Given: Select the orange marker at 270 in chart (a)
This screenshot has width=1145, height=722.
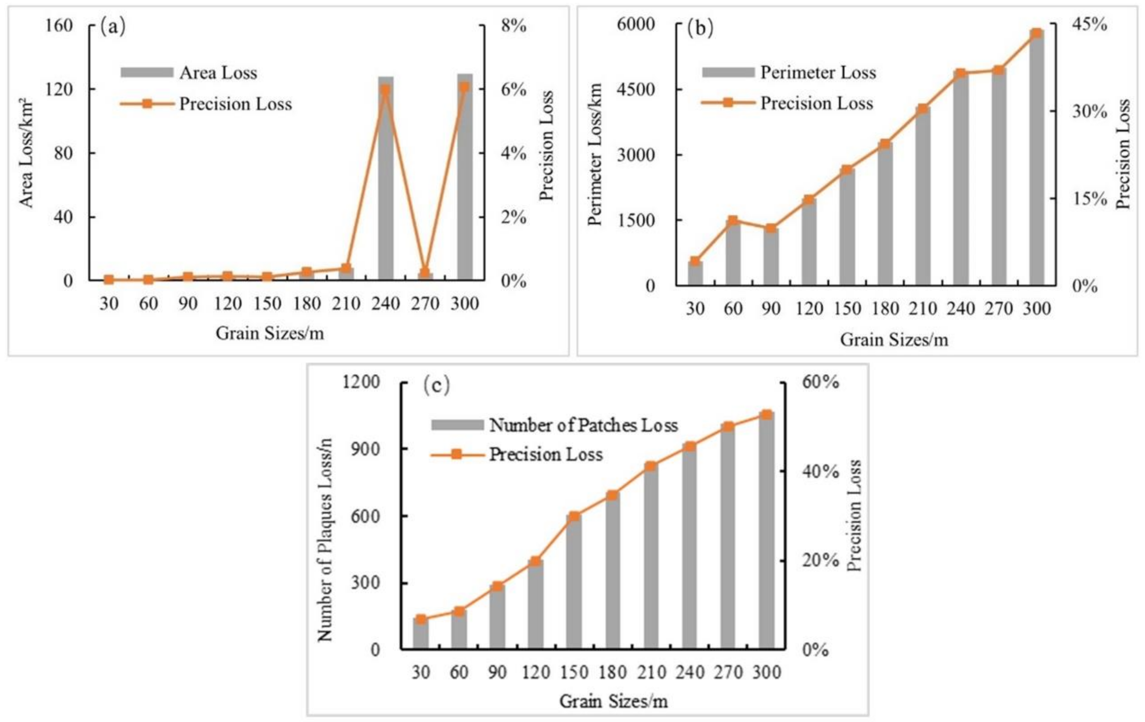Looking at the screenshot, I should pyautogui.click(x=425, y=273).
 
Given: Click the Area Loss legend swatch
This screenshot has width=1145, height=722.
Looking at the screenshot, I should pyautogui.click(x=146, y=72).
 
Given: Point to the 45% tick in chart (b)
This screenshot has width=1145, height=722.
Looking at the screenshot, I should pyautogui.click(x=1093, y=24).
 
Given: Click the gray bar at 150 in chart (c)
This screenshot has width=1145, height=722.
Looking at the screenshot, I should pyautogui.click(x=574, y=585).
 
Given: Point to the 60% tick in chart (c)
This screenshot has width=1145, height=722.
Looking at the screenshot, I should pyautogui.click(x=821, y=382).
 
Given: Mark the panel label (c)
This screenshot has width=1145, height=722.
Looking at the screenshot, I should pyautogui.click(x=436, y=386).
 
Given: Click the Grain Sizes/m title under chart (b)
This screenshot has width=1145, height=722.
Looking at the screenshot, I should pyautogui.click(x=894, y=340).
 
